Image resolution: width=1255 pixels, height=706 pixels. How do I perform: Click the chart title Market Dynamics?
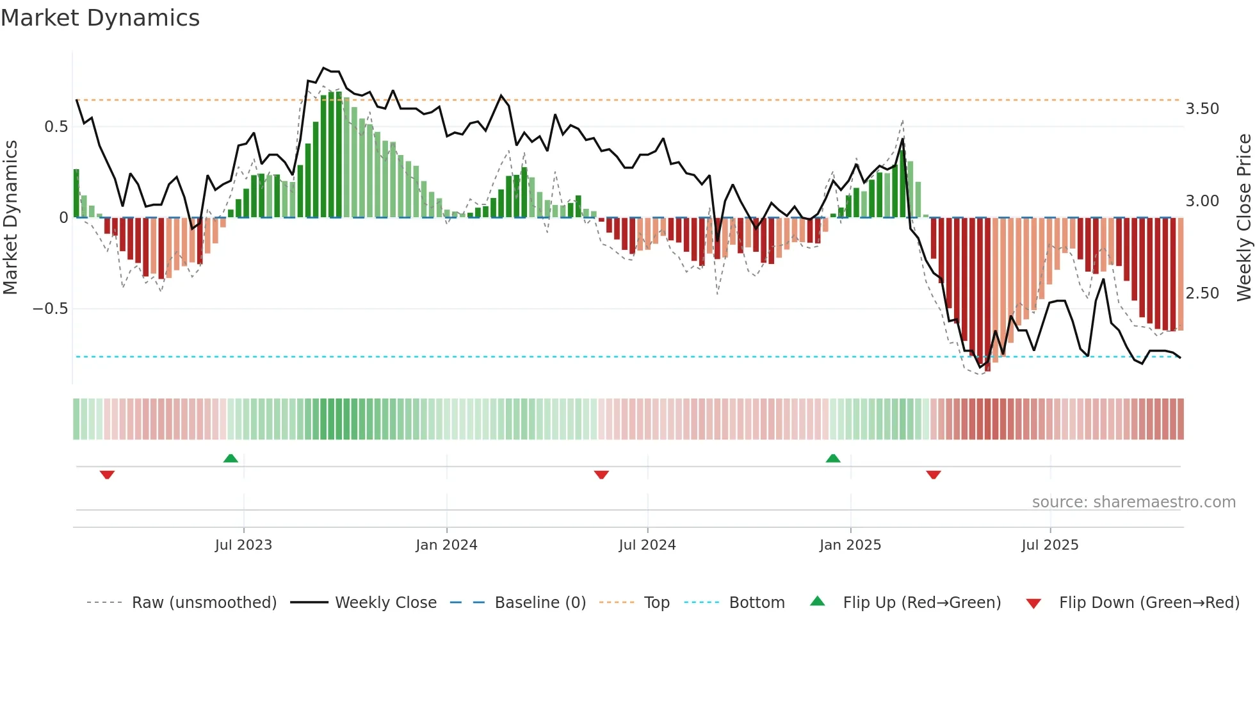101,18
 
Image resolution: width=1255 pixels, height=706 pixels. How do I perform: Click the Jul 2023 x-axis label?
243,545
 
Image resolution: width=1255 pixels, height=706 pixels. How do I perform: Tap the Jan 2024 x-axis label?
446,545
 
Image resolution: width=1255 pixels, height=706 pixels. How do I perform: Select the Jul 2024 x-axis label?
647,545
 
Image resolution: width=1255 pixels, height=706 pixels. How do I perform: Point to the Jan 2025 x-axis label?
850,545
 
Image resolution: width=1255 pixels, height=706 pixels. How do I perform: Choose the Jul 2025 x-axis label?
1049,545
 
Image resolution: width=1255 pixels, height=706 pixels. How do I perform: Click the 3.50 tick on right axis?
1202,109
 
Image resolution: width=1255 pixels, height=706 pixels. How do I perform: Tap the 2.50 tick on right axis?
1202,293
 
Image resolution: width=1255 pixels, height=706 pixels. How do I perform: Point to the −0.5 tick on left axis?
50,309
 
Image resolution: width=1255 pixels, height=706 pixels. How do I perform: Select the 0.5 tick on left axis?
56,127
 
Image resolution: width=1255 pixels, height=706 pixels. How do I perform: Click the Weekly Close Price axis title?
1243,218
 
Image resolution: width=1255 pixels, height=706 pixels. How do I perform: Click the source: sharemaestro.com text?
1133,502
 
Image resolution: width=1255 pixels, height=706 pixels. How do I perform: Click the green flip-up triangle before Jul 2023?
231,458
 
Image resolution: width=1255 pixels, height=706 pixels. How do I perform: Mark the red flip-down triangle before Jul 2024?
601,475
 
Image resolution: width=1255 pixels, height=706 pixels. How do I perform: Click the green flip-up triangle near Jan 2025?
833,458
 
